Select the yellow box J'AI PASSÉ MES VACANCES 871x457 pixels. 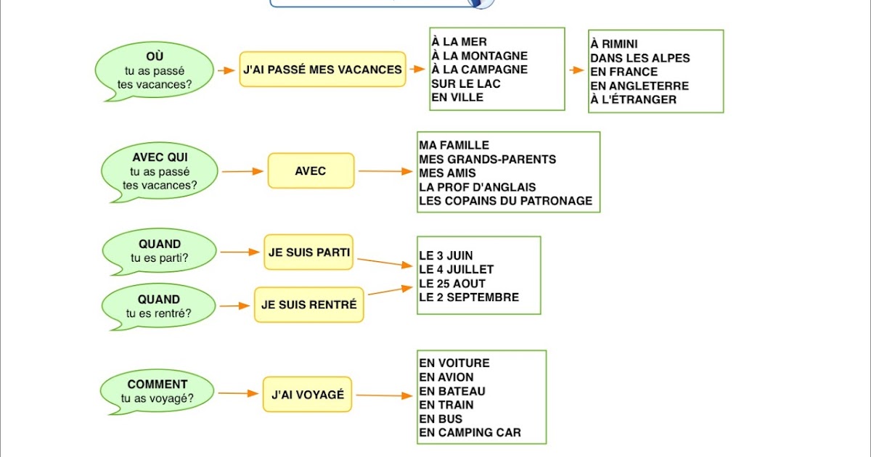click(322, 70)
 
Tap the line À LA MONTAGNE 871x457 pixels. click(479, 56)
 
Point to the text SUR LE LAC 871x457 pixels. click(465, 83)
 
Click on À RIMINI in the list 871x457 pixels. click(614, 44)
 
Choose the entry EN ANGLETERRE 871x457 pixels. click(639, 86)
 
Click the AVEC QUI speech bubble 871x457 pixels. click(160, 171)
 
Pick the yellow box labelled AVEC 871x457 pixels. click(311, 171)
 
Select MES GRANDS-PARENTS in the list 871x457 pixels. click(487, 159)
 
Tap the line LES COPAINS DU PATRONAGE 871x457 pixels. click(505, 200)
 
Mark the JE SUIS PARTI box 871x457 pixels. click(309, 252)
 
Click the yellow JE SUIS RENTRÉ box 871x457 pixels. click(308, 305)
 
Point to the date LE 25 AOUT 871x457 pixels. click(452, 283)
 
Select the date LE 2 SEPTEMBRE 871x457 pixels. click(469, 297)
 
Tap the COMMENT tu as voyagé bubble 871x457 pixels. click(158, 391)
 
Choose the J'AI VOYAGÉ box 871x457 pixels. click(307, 395)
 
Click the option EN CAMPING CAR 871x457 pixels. click(470, 433)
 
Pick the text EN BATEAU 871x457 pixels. click(451, 391)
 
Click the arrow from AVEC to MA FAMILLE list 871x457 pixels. click(385, 171)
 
